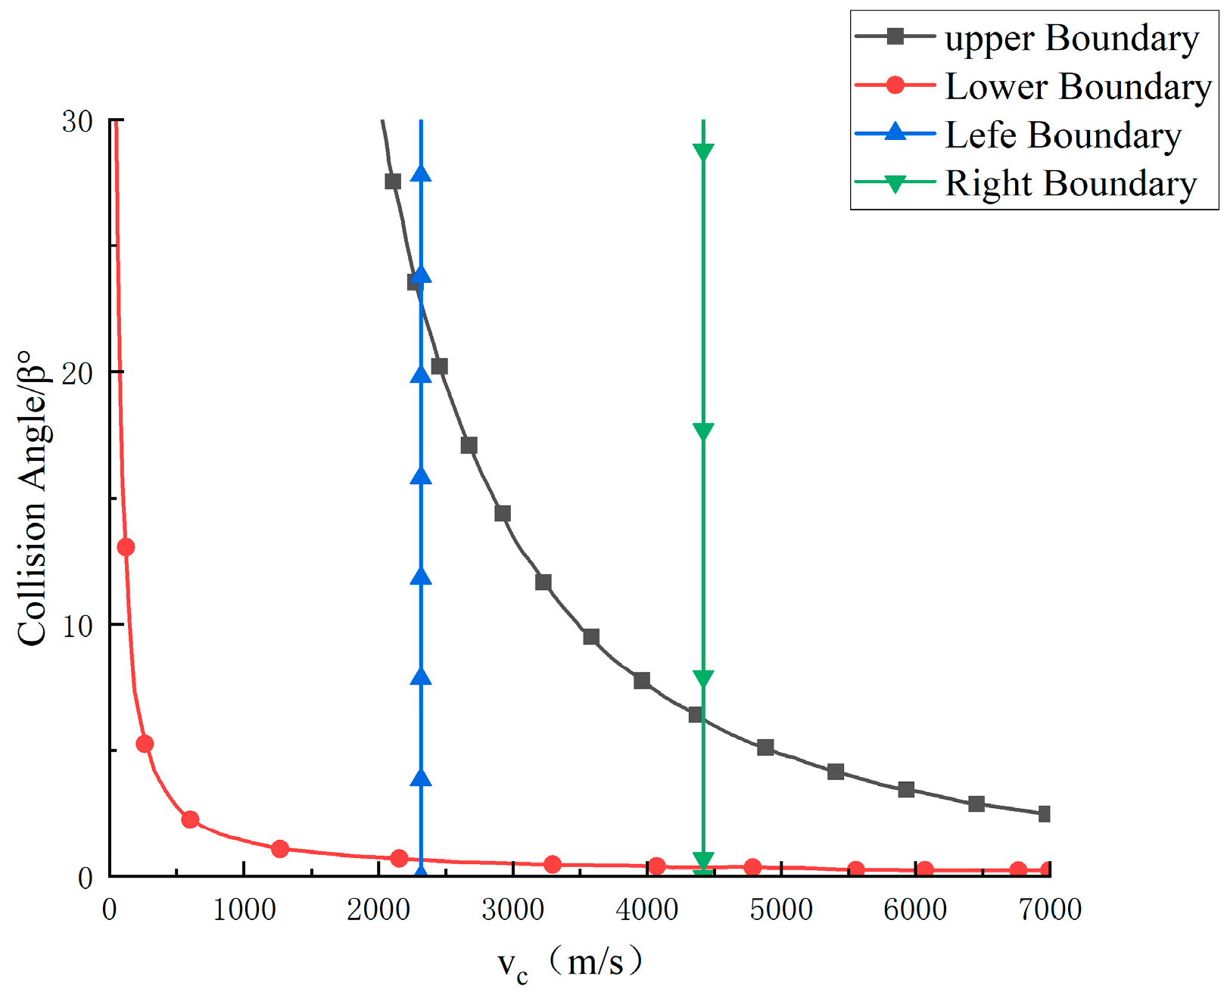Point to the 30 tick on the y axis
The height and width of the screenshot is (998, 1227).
(77, 121)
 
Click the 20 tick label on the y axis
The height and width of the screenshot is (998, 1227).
(77, 373)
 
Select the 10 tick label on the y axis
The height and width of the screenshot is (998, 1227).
(77, 626)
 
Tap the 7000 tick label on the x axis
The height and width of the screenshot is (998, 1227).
(1050, 909)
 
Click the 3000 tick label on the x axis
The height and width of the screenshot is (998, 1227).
(512, 909)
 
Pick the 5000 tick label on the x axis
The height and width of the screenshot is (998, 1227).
(781, 909)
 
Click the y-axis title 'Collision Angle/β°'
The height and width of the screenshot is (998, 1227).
(32, 498)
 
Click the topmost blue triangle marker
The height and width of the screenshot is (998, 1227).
(421, 173)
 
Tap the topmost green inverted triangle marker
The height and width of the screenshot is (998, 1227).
(703, 152)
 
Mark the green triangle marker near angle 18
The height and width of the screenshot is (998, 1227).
(703, 432)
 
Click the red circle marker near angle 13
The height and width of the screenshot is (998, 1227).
(126, 547)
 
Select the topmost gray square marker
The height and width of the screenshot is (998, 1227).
(393, 182)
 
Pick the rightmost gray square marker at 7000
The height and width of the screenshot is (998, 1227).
(1045, 814)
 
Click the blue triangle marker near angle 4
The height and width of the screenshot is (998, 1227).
(421, 778)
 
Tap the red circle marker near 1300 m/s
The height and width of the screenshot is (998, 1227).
(280, 849)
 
